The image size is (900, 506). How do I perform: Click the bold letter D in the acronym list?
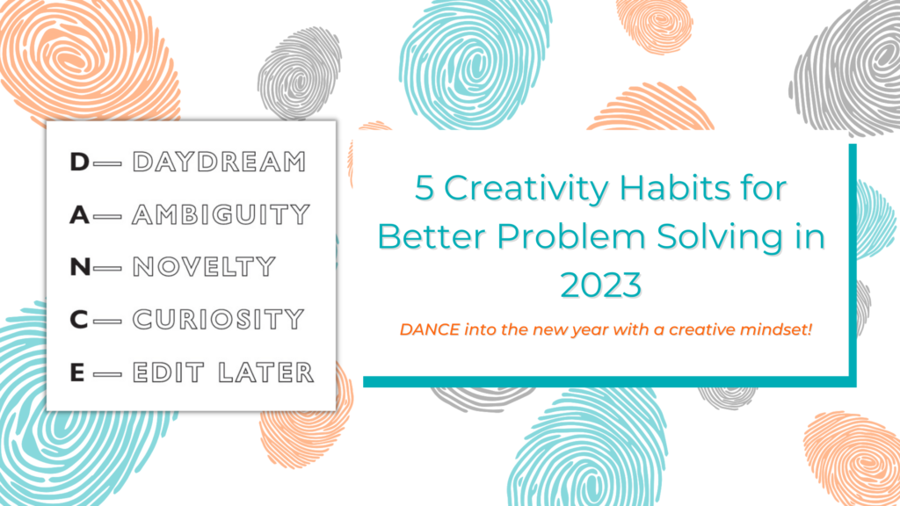point(79,163)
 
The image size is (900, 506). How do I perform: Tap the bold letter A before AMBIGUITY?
point(79,215)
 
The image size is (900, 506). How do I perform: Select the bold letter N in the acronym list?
point(79,267)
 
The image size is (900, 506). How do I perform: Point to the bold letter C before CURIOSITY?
point(79,319)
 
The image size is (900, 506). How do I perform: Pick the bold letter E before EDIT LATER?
point(78,372)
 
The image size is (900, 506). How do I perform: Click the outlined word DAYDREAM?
point(219,163)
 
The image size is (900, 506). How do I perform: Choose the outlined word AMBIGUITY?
point(221,215)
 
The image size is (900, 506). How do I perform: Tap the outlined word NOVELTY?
point(204,267)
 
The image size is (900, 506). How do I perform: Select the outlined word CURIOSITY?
point(218,319)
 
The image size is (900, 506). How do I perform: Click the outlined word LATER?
point(268,372)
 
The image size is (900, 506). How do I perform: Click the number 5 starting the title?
point(425,189)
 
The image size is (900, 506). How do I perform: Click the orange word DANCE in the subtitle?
point(425,330)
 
